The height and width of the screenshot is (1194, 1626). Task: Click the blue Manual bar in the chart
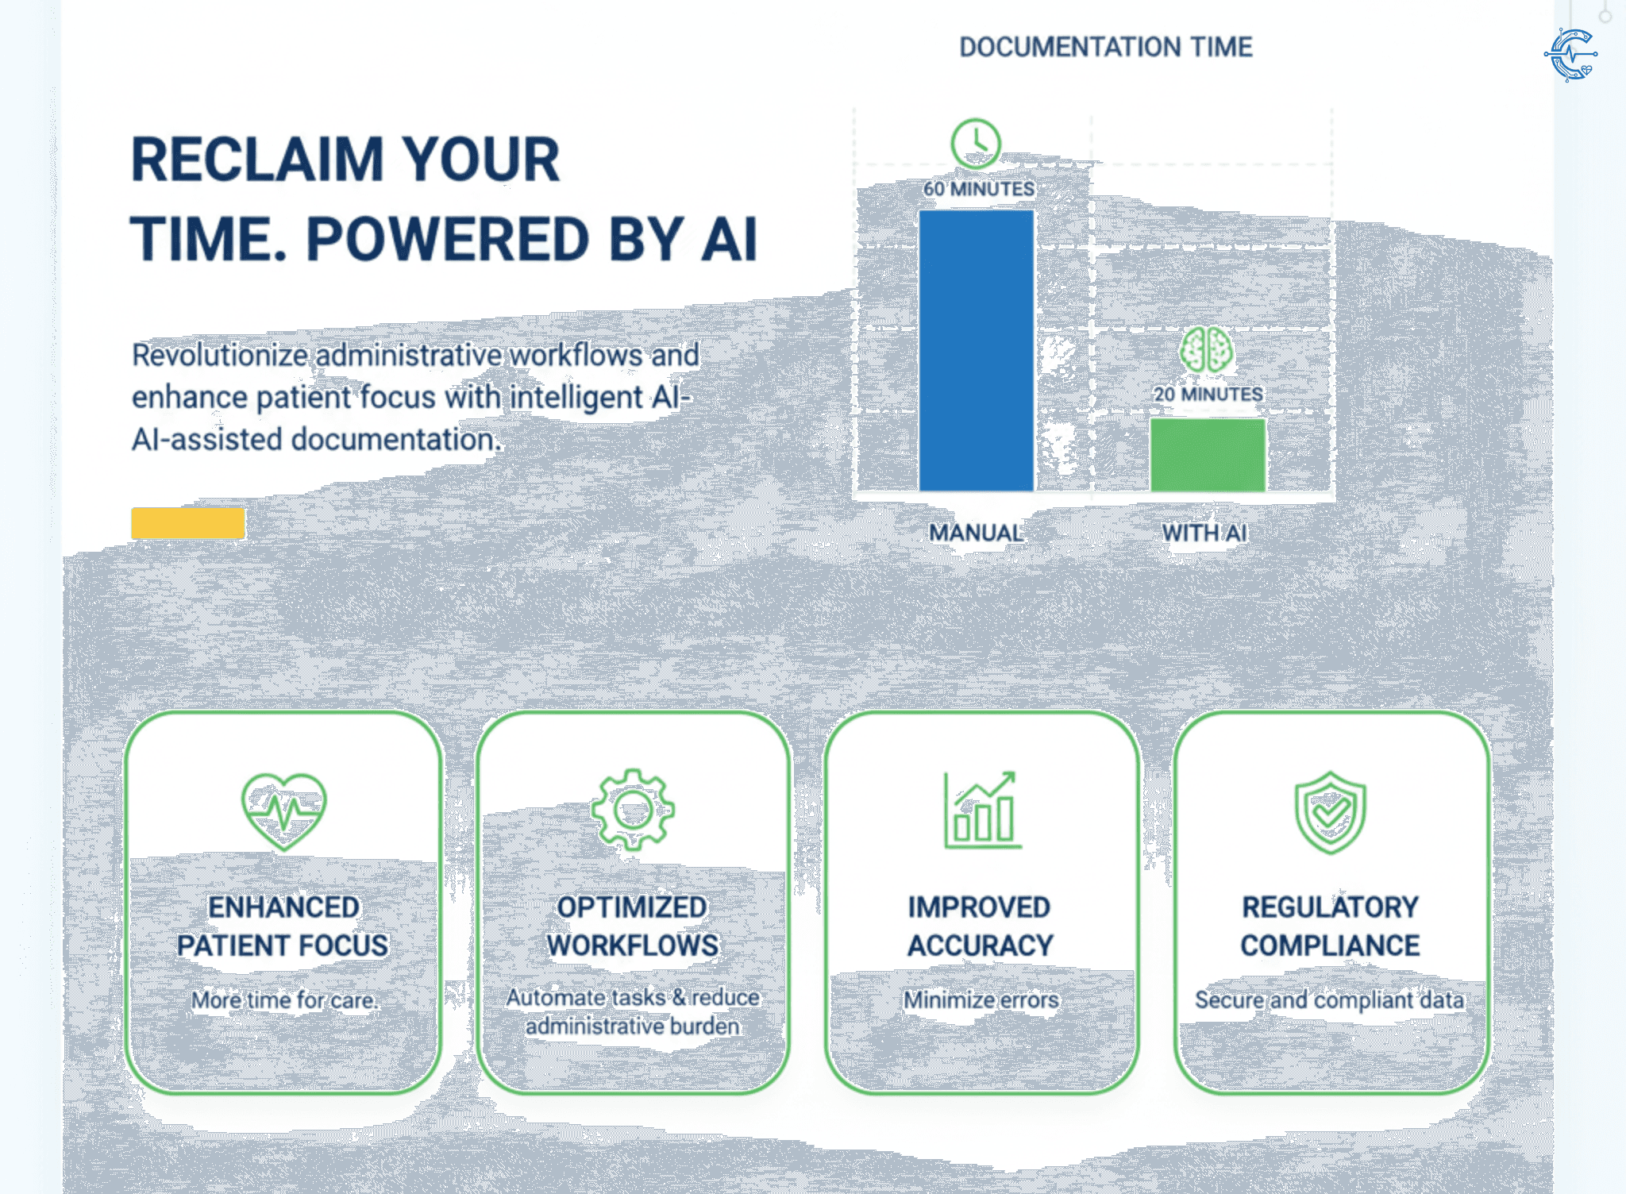[x=976, y=350]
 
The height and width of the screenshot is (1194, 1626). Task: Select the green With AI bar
[x=1208, y=455]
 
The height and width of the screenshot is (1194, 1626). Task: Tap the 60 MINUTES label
[x=979, y=189]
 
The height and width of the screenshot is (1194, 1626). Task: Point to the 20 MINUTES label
[x=1208, y=394]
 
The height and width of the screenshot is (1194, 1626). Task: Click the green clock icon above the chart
[x=976, y=143]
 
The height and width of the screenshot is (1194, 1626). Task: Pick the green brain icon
[x=1206, y=349]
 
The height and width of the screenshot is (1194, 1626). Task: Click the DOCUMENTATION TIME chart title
[x=1106, y=47]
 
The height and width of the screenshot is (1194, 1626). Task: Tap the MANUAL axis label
[x=976, y=533]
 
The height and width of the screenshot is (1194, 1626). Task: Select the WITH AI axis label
[x=1204, y=533]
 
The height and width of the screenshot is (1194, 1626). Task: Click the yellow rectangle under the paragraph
[x=188, y=523]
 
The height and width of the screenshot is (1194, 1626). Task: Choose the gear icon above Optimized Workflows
[x=633, y=810]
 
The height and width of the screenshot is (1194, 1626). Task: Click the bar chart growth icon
[x=981, y=810]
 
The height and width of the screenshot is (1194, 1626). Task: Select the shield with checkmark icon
[x=1331, y=812]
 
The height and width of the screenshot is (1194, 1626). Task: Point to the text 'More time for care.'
[x=284, y=1000]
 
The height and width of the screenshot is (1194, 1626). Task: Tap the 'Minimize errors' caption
[x=981, y=999]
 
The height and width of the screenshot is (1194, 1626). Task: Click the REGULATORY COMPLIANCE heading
[x=1331, y=926]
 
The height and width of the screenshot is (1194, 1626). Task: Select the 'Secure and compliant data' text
[x=1330, y=1000]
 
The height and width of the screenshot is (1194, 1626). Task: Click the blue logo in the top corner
[x=1571, y=55]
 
